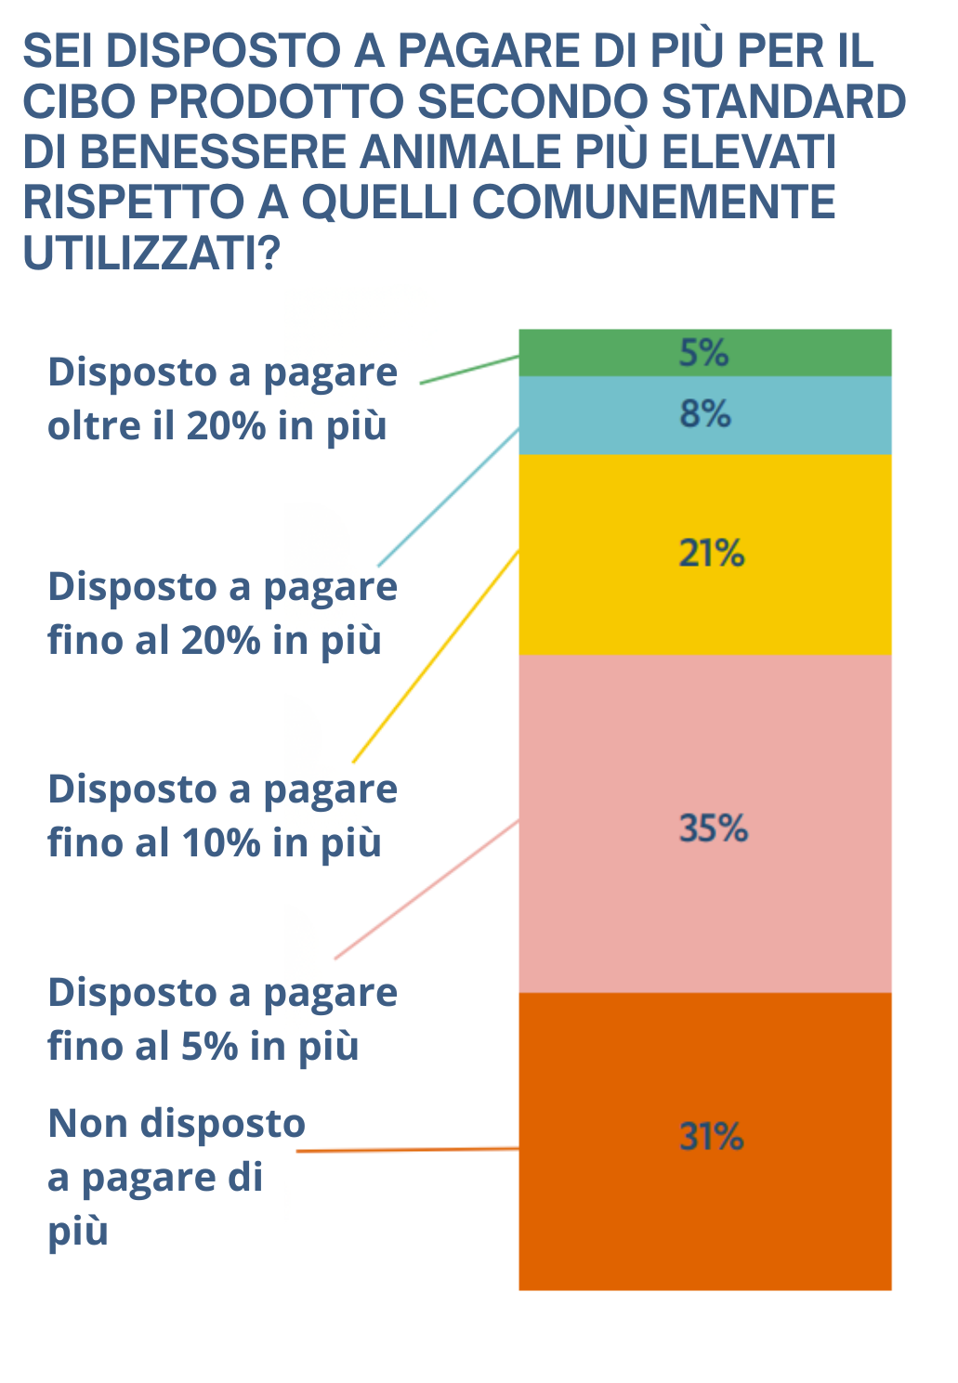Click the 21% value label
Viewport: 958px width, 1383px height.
(x=712, y=554)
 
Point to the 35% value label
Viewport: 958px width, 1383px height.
(x=713, y=828)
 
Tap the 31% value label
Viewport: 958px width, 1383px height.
(x=712, y=1137)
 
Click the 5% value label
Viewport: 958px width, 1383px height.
(x=703, y=353)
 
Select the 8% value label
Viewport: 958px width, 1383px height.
(x=705, y=414)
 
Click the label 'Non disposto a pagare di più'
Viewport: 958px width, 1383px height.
(x=177, y=1177)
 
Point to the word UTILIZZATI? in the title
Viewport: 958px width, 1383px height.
(x=151, y=253)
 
